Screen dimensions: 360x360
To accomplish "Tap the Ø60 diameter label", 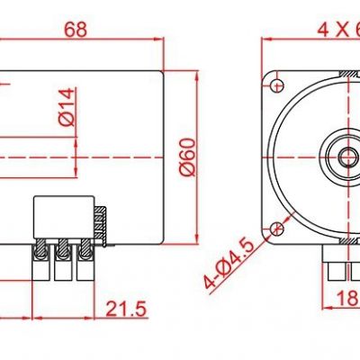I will [186, 157].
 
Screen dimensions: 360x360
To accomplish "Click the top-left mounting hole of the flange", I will [273, 81].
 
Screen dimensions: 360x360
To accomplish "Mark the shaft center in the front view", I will [347, 157].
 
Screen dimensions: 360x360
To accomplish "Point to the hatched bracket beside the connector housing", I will [102, 225].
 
